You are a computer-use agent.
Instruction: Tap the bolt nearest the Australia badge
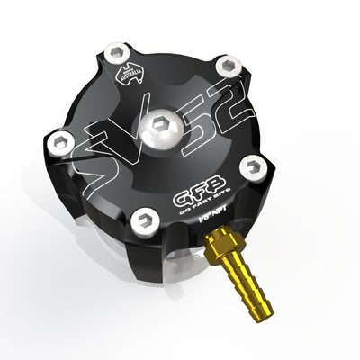(116, 55)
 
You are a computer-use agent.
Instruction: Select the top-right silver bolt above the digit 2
(229, 65)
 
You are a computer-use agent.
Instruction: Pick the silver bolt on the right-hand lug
(255, 166)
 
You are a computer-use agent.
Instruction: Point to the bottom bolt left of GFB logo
(145, 220)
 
